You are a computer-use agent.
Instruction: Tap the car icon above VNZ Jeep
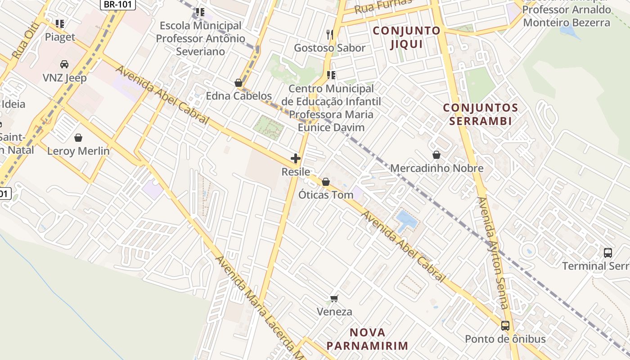point(64,64)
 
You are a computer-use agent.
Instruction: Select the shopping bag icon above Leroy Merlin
point(78,137)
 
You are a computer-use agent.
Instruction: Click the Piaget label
point(60,37)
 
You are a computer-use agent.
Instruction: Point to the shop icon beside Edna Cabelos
point(238,83)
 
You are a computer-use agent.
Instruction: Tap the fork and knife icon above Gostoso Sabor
point(330,34)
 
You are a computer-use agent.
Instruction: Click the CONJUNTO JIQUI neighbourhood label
point(407,37)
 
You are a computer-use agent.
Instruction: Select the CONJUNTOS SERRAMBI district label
point(480,114)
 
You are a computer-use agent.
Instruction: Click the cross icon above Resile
point(296,158)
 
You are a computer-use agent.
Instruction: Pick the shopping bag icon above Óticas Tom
point(326,182)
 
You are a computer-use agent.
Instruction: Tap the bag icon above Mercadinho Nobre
point(436,155)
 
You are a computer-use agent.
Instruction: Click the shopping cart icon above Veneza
point(334,298)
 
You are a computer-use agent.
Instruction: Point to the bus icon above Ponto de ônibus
point(505,325)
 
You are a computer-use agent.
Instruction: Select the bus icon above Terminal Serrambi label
point(608,252)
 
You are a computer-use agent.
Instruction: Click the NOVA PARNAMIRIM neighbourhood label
point(367,339)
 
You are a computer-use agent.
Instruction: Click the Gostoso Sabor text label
point(329,48)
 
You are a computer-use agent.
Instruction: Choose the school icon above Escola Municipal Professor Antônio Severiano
point(200,12)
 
